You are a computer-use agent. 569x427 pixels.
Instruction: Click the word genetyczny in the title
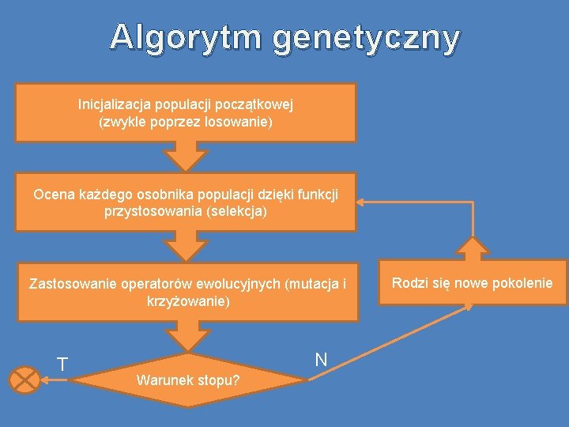[x=367, y=38]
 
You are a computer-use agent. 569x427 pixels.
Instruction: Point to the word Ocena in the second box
[x=52, y=194]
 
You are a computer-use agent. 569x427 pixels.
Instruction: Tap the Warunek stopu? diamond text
[x=189, y=380]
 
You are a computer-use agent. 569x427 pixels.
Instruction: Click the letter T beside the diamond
[x=62, y=365]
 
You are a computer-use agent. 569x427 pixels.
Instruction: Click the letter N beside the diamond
[x=321, y=360]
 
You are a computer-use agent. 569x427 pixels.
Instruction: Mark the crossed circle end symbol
[x=24, y=380]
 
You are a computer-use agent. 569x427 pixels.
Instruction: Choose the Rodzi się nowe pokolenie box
[x=473, y=283]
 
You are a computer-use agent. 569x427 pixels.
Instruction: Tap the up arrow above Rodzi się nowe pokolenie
[x=473, y=249]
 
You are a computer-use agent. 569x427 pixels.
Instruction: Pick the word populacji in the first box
[x=187, y=104]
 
